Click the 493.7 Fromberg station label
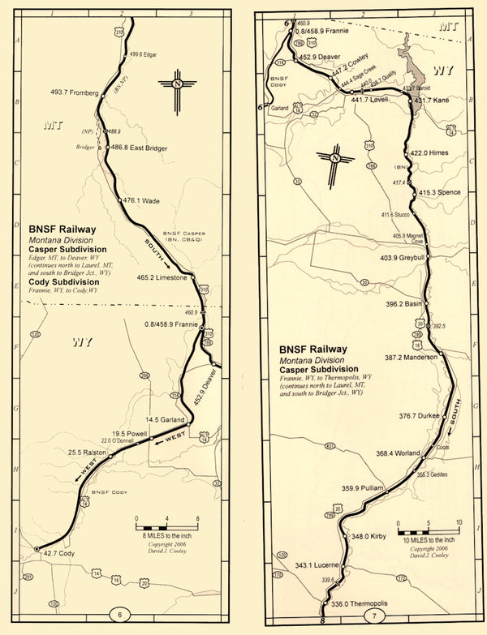[75, 94]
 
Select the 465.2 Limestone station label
[162, 277]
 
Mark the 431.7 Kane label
[432, 101]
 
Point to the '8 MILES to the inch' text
[167, 537]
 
